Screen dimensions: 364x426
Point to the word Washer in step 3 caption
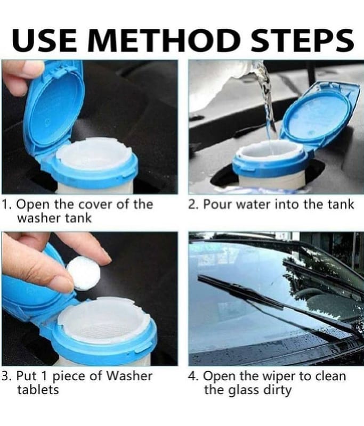pos(129,376)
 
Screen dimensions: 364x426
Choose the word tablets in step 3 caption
pos(38,390)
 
